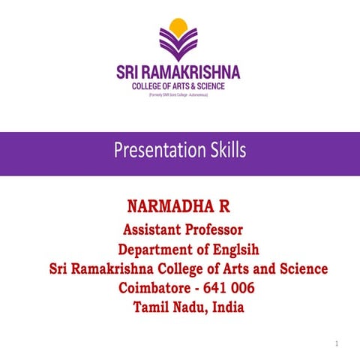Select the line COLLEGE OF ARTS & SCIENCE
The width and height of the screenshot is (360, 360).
click(x=178, y=87)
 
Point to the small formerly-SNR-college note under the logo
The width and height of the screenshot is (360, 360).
click(x=178, y=97)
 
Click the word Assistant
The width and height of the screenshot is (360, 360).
click(x=155, y=229)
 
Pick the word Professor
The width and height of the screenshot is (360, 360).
click(x=217, y=229)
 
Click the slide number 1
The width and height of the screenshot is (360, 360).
click(x=337, y=343)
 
